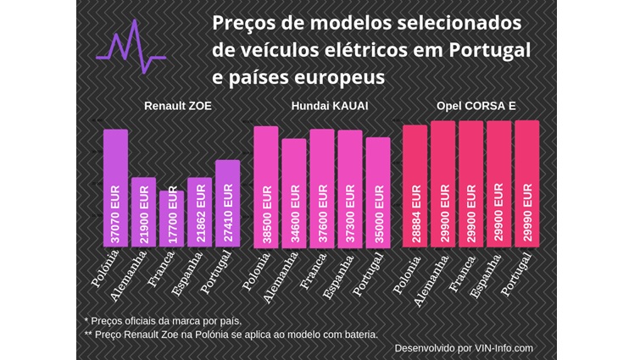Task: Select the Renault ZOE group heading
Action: (178, 108)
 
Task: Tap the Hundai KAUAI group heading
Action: (323, 108)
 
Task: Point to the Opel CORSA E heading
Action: (476, 108)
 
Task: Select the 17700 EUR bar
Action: (171, 219)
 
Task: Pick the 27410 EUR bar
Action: (227, 203)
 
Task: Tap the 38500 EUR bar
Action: (265, 186)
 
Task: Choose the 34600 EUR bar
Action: (293, 192)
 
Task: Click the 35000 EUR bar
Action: (377, 192)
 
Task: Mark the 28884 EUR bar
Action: (415, 186)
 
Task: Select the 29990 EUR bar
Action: (526, 184)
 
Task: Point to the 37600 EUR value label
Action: (322, 216)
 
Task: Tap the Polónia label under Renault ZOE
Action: (106, 269)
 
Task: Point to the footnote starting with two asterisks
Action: (231, 335)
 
